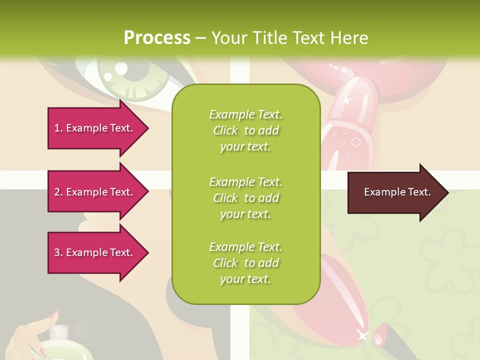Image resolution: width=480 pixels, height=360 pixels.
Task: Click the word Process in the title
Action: point(157,38)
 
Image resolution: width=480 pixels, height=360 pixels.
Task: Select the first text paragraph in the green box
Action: point(246,130)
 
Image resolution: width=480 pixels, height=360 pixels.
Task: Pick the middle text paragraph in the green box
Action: point(246,197)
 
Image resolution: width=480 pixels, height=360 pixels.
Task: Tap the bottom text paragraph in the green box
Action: point(246,263)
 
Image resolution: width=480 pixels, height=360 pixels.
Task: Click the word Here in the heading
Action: point(348,38)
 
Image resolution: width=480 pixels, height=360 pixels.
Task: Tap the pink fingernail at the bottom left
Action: point(53,314)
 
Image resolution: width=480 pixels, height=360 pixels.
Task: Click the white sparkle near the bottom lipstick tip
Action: point(362,334)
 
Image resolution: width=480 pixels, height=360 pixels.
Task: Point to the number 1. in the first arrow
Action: point(58,128)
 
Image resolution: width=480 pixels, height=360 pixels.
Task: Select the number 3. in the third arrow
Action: point(58,252)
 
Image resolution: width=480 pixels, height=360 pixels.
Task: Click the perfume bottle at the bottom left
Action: point(60,345)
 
